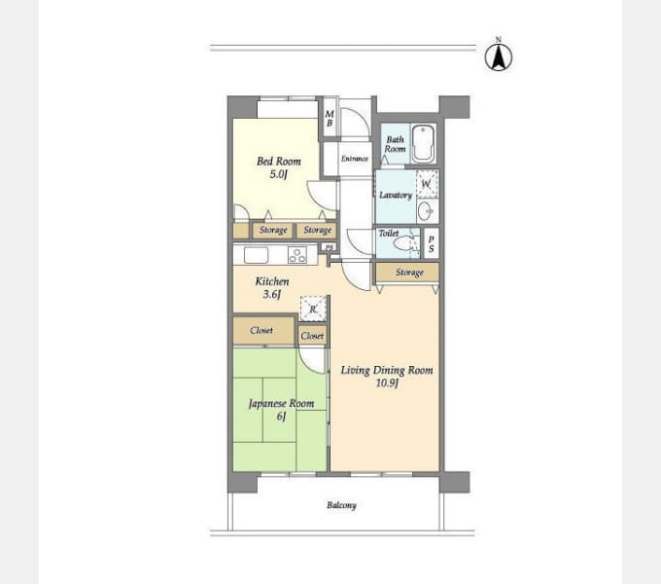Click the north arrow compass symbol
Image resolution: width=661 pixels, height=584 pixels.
[499, 55]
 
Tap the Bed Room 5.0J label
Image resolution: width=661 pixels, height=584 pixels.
[279, 167]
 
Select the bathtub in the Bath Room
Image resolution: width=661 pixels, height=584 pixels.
[424, 143]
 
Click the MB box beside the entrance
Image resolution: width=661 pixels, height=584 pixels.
[330, 118]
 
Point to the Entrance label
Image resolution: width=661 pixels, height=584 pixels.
[355, 159]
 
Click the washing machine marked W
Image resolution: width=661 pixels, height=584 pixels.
[427, 184]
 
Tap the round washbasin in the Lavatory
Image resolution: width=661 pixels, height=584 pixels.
[426, 210]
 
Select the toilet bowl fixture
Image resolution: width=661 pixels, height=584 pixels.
[405, 244]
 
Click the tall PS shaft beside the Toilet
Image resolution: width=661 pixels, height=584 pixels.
[431, 243]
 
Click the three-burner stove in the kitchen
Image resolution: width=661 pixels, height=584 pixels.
[297, 255]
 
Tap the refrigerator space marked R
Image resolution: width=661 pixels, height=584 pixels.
[313, 309]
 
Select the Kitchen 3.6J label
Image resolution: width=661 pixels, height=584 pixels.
[272, 287]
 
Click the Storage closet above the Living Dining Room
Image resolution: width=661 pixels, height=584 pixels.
[407, 273]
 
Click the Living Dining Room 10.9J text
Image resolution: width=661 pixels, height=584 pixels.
[387, 376]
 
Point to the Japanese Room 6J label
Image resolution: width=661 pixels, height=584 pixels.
[281, 410]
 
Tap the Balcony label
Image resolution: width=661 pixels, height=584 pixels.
[341, 505]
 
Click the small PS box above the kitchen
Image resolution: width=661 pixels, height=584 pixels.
[330, 247]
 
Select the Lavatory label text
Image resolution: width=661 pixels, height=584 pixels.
[396, 195]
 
